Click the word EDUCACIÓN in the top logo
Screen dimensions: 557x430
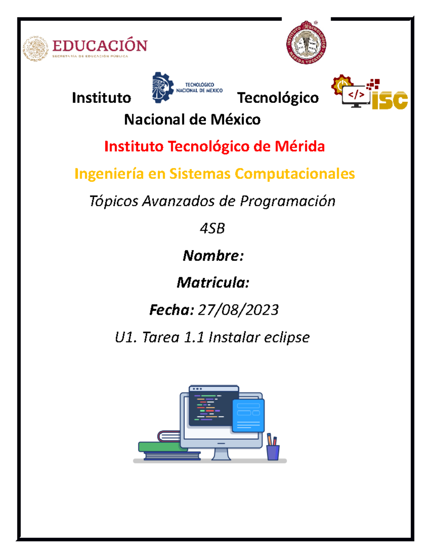100,46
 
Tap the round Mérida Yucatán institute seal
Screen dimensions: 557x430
306,43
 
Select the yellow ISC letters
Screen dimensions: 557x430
390,100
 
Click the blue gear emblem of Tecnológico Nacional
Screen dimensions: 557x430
162,87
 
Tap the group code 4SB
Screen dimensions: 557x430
212,228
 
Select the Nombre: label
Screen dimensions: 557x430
213,256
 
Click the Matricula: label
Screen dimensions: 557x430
213,283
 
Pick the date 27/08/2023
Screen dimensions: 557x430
238,310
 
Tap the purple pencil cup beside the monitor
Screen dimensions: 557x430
273,452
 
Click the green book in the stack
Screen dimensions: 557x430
159,447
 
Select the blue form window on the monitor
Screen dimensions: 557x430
248,415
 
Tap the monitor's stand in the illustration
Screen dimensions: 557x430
221,454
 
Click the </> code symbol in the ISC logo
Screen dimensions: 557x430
356,95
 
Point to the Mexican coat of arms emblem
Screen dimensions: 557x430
35,49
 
